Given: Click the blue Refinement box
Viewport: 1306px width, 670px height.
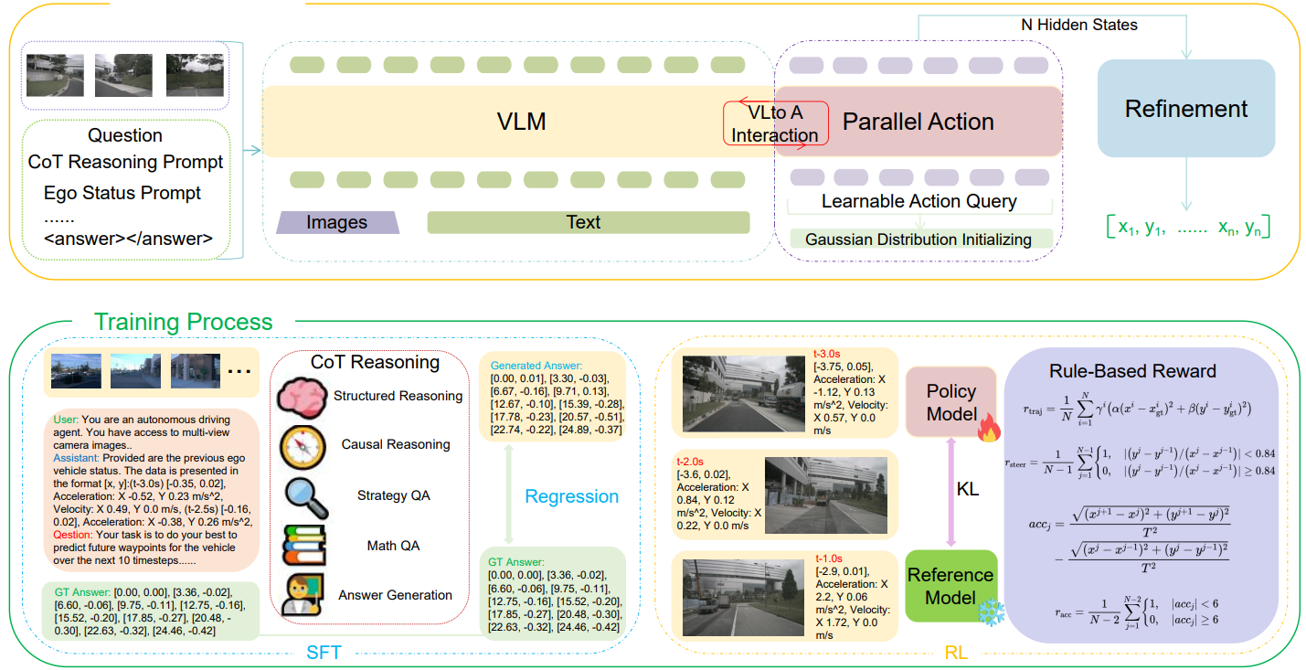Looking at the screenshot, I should tap(1185, 109).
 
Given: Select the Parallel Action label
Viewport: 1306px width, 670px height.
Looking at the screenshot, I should tap(918, 122).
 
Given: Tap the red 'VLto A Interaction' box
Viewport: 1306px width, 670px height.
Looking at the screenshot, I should tap(776, 123).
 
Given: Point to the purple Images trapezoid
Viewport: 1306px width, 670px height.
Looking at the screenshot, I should tap(337, 222).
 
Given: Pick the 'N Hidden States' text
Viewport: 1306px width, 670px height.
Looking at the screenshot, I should tap(1078, 25).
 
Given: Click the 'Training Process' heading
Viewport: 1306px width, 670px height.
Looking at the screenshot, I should tap(184, 322).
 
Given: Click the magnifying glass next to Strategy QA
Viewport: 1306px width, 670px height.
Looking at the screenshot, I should tap(303, 496).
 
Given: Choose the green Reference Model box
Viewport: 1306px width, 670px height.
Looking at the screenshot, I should tap(950, 585).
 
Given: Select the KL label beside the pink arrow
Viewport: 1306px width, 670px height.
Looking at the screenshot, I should tap(967, 490).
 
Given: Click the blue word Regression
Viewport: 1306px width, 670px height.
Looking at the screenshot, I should tap(571, 496).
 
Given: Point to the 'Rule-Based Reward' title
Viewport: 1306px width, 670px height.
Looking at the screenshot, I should tap(1146, 371).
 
